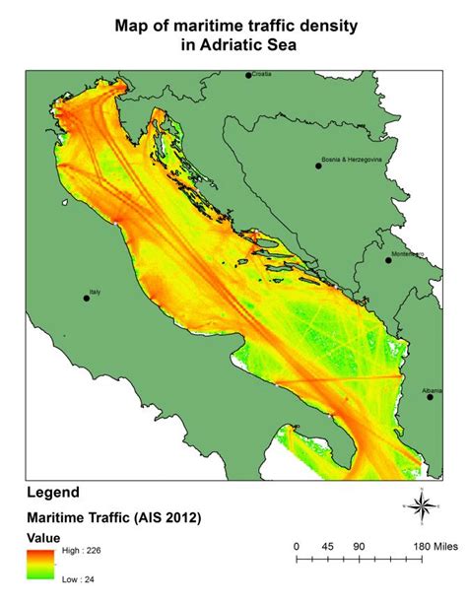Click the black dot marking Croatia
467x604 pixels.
(248, 74)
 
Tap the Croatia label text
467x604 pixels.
(263, 74)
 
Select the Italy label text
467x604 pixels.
(96, 293)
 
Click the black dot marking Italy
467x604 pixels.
(87, 299)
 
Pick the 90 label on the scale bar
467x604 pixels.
(358, 544)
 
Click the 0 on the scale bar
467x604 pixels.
(297, 544)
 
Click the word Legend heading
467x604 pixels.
(54, 492)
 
